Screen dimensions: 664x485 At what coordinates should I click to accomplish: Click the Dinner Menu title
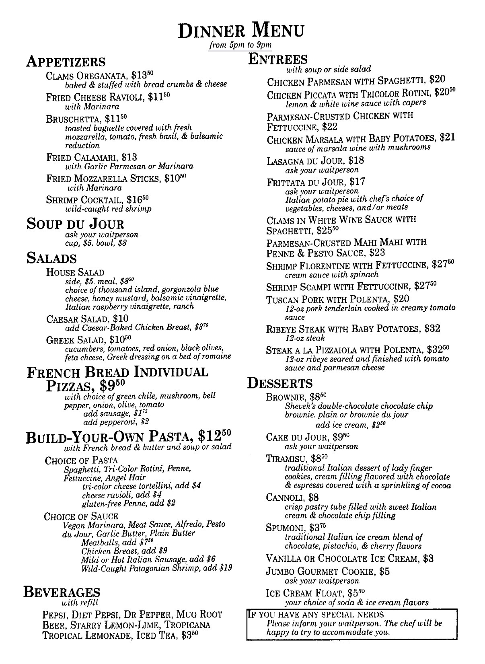[x=242, y=31]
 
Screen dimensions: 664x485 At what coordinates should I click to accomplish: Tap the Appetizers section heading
[x=66, y=62]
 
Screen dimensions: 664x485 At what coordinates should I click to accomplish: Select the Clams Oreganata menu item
[x=100, y=75]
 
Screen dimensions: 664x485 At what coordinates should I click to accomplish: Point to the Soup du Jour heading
[x=75, y=224]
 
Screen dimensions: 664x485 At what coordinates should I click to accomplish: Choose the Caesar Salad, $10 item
[x=88, y=319]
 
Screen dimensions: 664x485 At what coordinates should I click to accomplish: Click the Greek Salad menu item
[x=89, y=339]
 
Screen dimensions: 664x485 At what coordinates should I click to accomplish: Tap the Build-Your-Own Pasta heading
[x=129, y=436]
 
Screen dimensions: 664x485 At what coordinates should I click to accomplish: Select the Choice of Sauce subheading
[x=81, y=516]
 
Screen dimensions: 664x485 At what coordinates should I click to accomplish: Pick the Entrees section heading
[x=278, y=59]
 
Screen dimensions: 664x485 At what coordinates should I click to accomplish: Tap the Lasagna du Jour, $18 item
[x=315, y=161]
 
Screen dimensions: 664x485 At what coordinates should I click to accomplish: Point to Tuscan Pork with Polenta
[x=338, y=299]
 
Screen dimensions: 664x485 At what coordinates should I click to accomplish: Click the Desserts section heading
[x=279, y=383]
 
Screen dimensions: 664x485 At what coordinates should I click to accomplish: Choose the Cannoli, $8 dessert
[x=292, y=498]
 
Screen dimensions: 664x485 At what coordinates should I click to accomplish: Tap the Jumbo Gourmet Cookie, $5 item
[x=327, y=572]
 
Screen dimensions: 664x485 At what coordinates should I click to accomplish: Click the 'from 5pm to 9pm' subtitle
[x=240, y=45]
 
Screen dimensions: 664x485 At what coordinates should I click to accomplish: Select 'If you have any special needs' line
[x=316, y=615]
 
